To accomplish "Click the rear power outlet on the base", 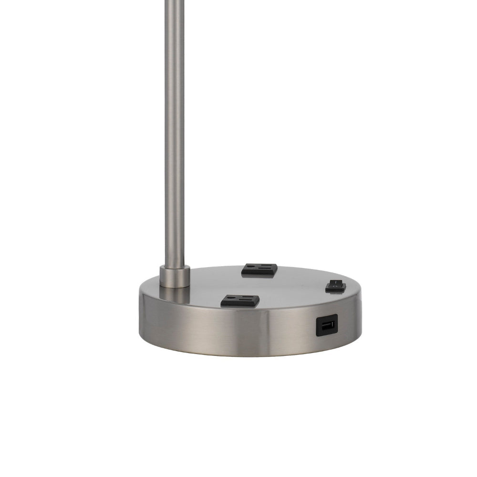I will pos(259,269).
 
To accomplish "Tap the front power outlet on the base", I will pos(240,301).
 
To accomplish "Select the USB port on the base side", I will pos(327,326).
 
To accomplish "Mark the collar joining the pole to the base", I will pos(175,276).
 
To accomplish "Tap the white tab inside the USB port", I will pos(327,326).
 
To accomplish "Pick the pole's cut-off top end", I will pos(175,2).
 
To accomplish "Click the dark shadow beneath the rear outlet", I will pos(258,275).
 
